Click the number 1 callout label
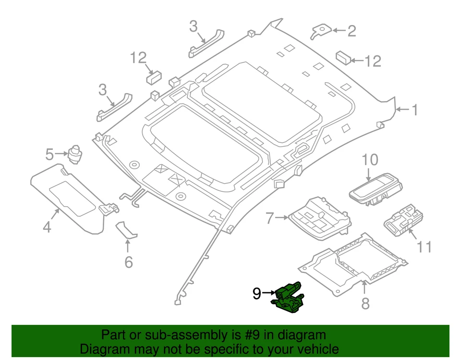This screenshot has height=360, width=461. pos(414,111)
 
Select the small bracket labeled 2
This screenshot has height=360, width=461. pos(320,31)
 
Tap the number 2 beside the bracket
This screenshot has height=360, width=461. pos(352,31)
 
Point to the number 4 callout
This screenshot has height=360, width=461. pos(47,226)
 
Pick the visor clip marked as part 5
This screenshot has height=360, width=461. pos(75,152)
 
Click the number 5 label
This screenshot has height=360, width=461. pos(49,154)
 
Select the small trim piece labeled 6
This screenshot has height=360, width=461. pos(127,230)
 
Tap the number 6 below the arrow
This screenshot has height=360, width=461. pos(128,262)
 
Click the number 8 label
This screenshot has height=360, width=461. pos(365,303)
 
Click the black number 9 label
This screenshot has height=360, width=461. pos(257,293)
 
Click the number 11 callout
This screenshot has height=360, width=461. pos(424,247)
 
